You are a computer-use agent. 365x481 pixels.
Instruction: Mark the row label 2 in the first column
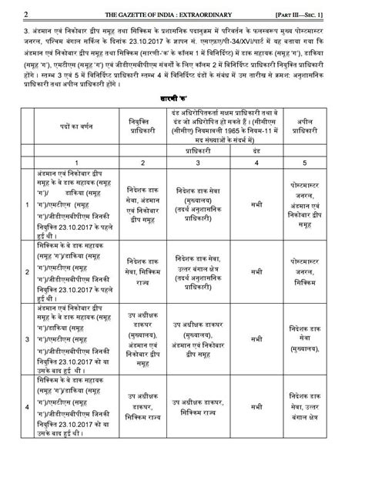(28, 272)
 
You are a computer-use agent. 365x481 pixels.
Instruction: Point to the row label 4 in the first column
(28, 405)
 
